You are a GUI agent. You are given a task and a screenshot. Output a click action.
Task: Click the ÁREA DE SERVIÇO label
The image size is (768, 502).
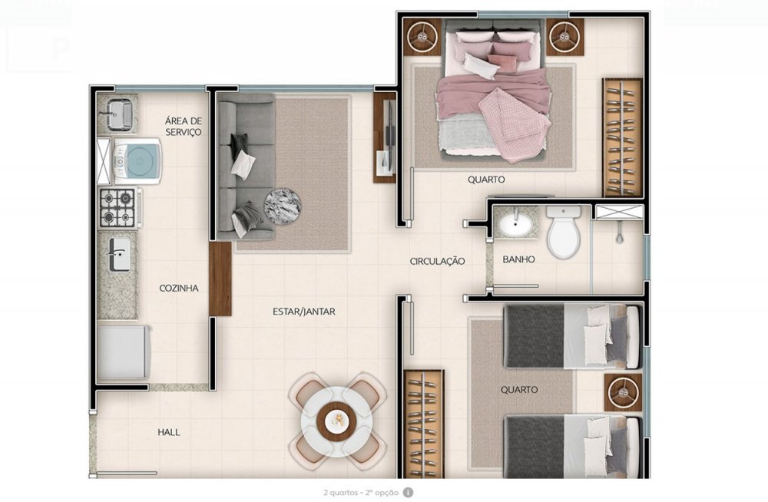[x=184, y=126]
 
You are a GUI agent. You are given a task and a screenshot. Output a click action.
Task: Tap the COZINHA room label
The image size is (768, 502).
[x=179, y=288]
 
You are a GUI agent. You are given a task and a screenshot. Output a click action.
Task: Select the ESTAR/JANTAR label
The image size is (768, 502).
[x=303, y=311]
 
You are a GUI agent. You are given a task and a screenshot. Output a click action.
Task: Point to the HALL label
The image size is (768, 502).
[x=168, y=432]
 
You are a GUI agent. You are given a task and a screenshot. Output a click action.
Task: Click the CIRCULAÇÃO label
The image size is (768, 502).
[x=437, y=261]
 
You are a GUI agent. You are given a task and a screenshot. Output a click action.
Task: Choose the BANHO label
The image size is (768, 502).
[x=518, y=259]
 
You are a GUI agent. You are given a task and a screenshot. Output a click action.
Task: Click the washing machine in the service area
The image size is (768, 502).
[x=137, y=161]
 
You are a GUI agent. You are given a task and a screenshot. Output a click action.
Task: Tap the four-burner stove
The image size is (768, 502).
[x=119, y=208]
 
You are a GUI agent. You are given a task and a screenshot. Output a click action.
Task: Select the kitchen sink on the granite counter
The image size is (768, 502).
[x=118, y=254]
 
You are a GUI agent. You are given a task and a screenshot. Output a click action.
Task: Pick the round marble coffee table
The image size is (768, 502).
[x=283, y=207]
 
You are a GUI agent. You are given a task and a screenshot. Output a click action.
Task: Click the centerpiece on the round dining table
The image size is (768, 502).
[x=337, y=419]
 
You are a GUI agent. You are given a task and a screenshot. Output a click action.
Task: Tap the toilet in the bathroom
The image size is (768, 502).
[x=564, y=231]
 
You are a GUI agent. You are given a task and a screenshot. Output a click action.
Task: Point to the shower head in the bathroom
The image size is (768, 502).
[x=620, y=236]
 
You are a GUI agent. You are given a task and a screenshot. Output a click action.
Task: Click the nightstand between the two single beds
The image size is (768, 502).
[x=623, y=392]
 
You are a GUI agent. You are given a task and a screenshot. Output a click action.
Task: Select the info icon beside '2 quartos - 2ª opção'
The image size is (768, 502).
[x=408, y=493]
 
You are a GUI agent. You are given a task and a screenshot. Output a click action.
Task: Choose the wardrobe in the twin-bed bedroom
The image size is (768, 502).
[x=424, y=424]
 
